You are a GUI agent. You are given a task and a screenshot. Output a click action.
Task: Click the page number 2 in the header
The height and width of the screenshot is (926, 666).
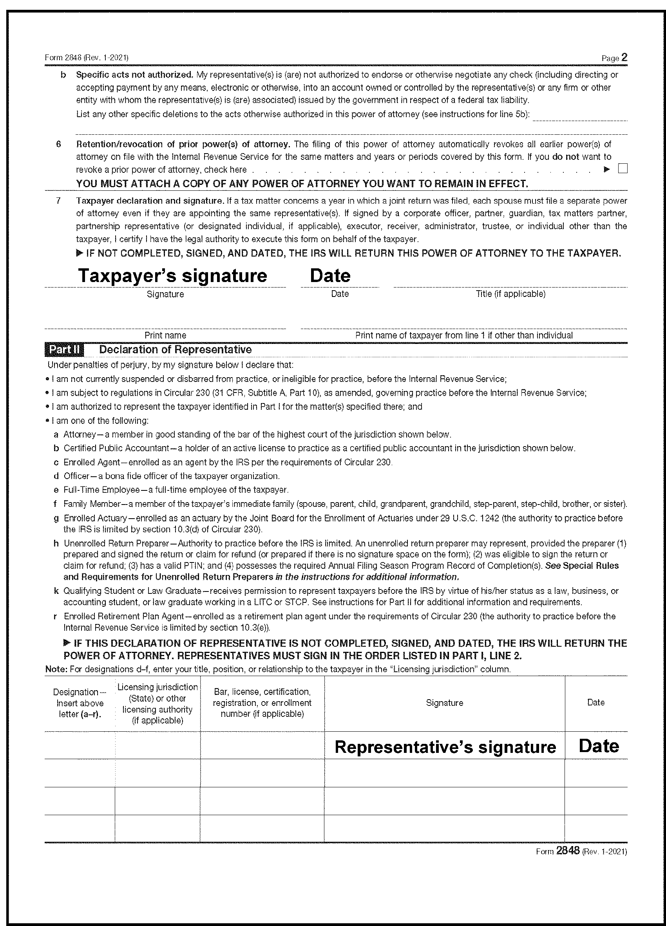click(624, 58)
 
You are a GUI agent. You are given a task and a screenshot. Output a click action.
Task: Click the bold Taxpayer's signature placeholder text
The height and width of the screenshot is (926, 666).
click(172, 276)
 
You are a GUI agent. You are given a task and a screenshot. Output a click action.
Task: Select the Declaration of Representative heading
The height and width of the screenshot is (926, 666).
click(175, 350)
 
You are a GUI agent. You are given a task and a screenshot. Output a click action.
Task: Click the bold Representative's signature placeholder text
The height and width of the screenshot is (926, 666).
click(445, 747)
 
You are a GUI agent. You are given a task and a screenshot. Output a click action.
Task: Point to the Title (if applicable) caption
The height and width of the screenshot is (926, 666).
click(510, 294)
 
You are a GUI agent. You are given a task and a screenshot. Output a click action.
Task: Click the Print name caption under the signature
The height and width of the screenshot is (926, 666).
click(165, 335)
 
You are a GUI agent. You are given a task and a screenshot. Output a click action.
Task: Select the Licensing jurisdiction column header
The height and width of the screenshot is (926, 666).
click(157, 704)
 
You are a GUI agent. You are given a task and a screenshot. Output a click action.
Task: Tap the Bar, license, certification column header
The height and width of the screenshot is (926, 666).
click(262, 703)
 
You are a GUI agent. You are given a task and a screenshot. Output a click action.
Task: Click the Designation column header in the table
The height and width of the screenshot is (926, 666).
click(80, 703)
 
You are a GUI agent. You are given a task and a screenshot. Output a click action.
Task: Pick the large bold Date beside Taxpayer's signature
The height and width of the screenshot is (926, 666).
click(330, 276)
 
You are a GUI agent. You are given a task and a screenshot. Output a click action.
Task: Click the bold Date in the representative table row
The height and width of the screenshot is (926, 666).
click(599, 746)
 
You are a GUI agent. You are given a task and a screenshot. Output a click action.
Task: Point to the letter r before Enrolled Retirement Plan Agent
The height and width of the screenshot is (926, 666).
click(55, 616)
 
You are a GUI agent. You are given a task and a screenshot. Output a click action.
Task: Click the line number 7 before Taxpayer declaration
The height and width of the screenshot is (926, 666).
click(58, 201)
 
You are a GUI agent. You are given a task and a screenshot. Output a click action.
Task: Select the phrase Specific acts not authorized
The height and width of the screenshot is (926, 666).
click(134, 75)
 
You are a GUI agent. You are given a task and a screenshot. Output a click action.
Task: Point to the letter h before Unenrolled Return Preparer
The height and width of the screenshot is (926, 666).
click(56, 544)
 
